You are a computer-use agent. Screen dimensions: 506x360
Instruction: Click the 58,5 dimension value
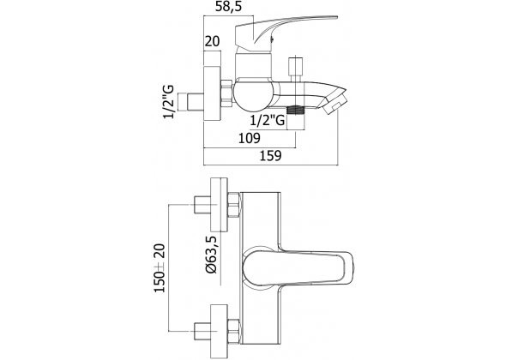tap(228, 7)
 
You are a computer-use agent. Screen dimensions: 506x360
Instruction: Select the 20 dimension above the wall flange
tap(212, 42)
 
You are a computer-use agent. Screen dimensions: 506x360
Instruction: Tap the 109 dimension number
tap(249, 138)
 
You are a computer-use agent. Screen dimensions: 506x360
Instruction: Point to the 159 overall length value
tap(271, 155)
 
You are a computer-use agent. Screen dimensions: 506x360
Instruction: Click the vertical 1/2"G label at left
tap(168, 102)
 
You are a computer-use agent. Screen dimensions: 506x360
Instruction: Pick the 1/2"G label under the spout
tap(268, 120)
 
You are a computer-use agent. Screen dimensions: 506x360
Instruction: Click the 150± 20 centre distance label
tap(160, 268)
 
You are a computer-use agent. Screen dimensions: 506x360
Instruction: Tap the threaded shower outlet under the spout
tap(296, 110)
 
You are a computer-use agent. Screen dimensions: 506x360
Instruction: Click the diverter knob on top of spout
tap(296, 69)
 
